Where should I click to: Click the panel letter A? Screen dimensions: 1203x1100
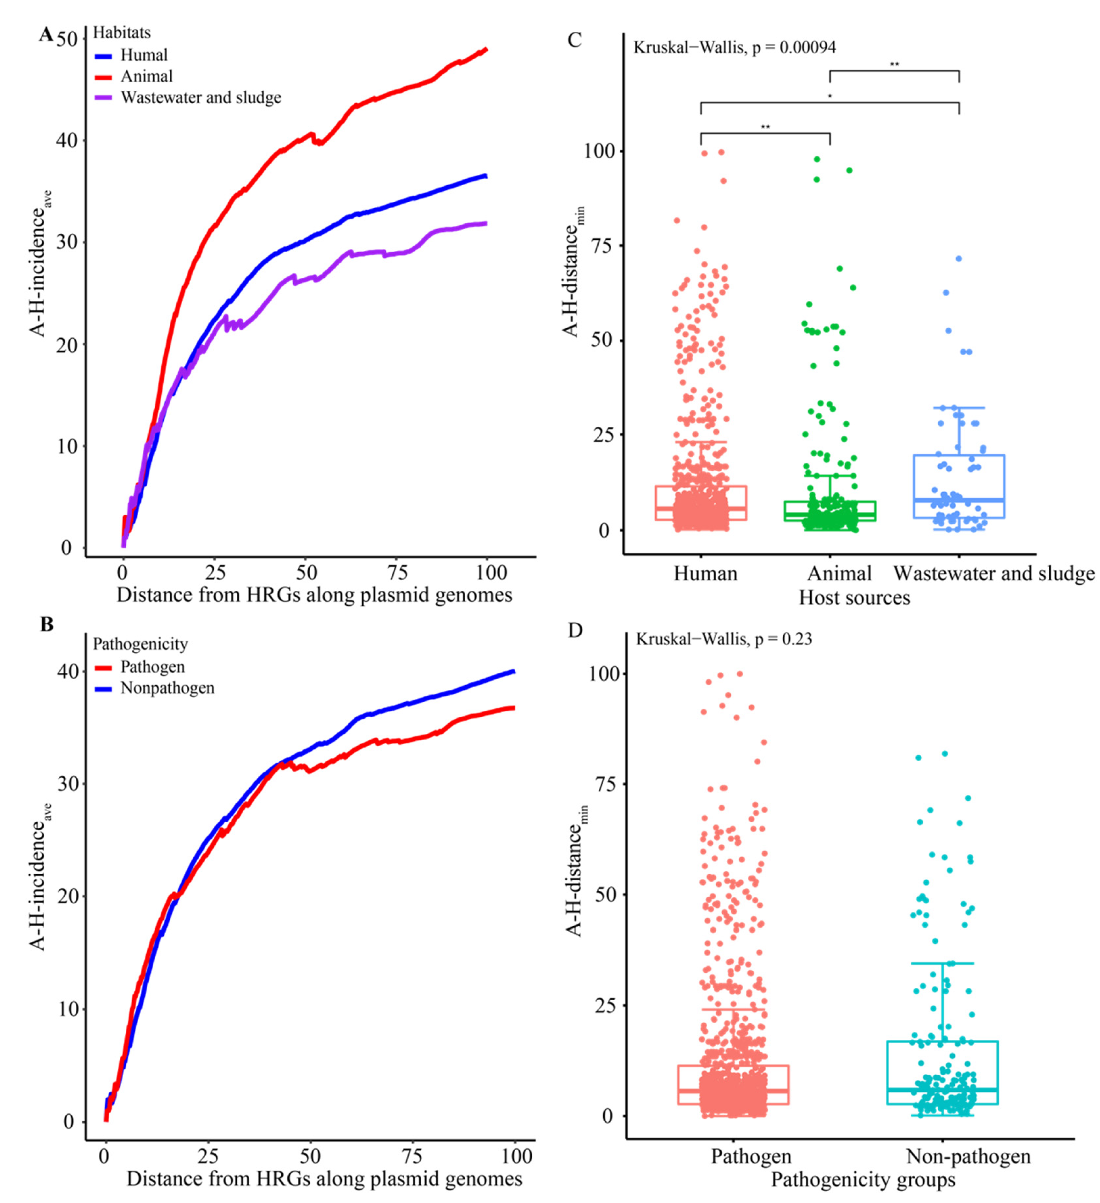(45, 35)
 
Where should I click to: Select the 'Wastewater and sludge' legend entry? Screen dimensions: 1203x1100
(201, 98)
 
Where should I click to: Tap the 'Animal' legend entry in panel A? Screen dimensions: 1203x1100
(146, 76)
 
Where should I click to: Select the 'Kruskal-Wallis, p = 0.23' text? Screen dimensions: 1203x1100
(723, 639)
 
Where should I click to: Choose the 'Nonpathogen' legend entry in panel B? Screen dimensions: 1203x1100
(167, 688)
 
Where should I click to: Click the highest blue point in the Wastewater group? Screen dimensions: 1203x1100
(959, 259)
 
